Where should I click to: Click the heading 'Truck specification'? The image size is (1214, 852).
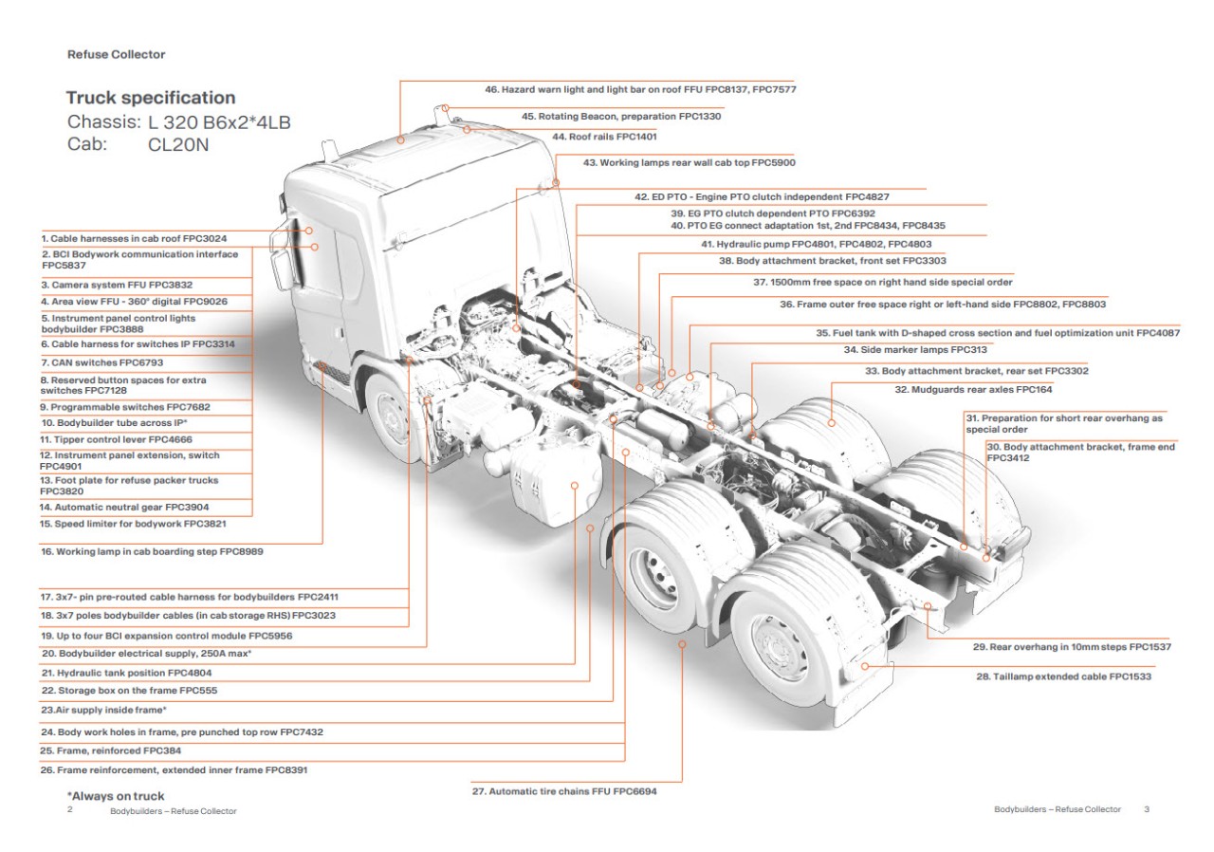point(151,98)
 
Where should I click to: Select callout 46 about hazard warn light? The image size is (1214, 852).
point(640,89)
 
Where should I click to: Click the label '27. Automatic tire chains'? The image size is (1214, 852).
point(564,790)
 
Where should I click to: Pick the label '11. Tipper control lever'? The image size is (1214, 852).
point(116,439)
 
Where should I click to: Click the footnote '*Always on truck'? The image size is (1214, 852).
point(115,796)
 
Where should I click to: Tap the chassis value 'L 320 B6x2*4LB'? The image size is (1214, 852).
point(226,122)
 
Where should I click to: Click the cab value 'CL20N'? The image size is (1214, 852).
point(180,145)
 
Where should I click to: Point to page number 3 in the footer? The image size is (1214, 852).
point(1147,809)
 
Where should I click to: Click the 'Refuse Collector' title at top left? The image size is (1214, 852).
point(116,55)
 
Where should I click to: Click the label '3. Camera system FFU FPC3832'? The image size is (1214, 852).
point(116,284)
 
